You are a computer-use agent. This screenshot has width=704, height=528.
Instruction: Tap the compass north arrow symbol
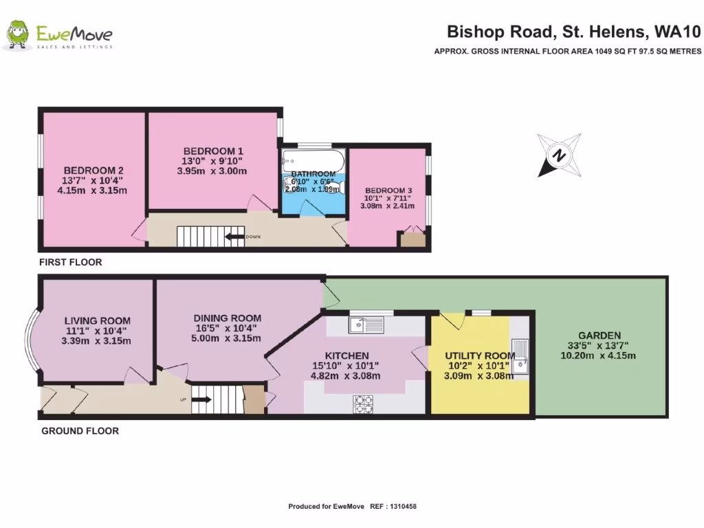559,155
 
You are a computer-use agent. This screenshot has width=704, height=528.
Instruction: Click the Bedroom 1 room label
213,151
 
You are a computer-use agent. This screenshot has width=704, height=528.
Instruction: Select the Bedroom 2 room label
93,170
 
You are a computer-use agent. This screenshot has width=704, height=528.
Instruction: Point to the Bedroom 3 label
388,190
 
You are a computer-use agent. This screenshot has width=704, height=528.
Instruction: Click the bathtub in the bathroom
313,160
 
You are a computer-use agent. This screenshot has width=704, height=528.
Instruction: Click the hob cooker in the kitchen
364,404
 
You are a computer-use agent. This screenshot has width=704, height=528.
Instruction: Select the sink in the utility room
520,355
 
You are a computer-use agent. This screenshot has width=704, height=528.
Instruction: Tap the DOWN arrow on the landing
236,237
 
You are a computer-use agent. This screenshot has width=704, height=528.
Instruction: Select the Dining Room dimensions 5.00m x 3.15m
227,338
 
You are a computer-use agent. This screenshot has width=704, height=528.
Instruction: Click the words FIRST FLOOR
70,262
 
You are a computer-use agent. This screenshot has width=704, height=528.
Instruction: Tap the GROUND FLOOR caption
80,431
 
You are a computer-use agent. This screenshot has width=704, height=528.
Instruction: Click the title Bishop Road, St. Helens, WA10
573,31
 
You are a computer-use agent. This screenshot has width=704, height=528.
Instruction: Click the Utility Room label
470,355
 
